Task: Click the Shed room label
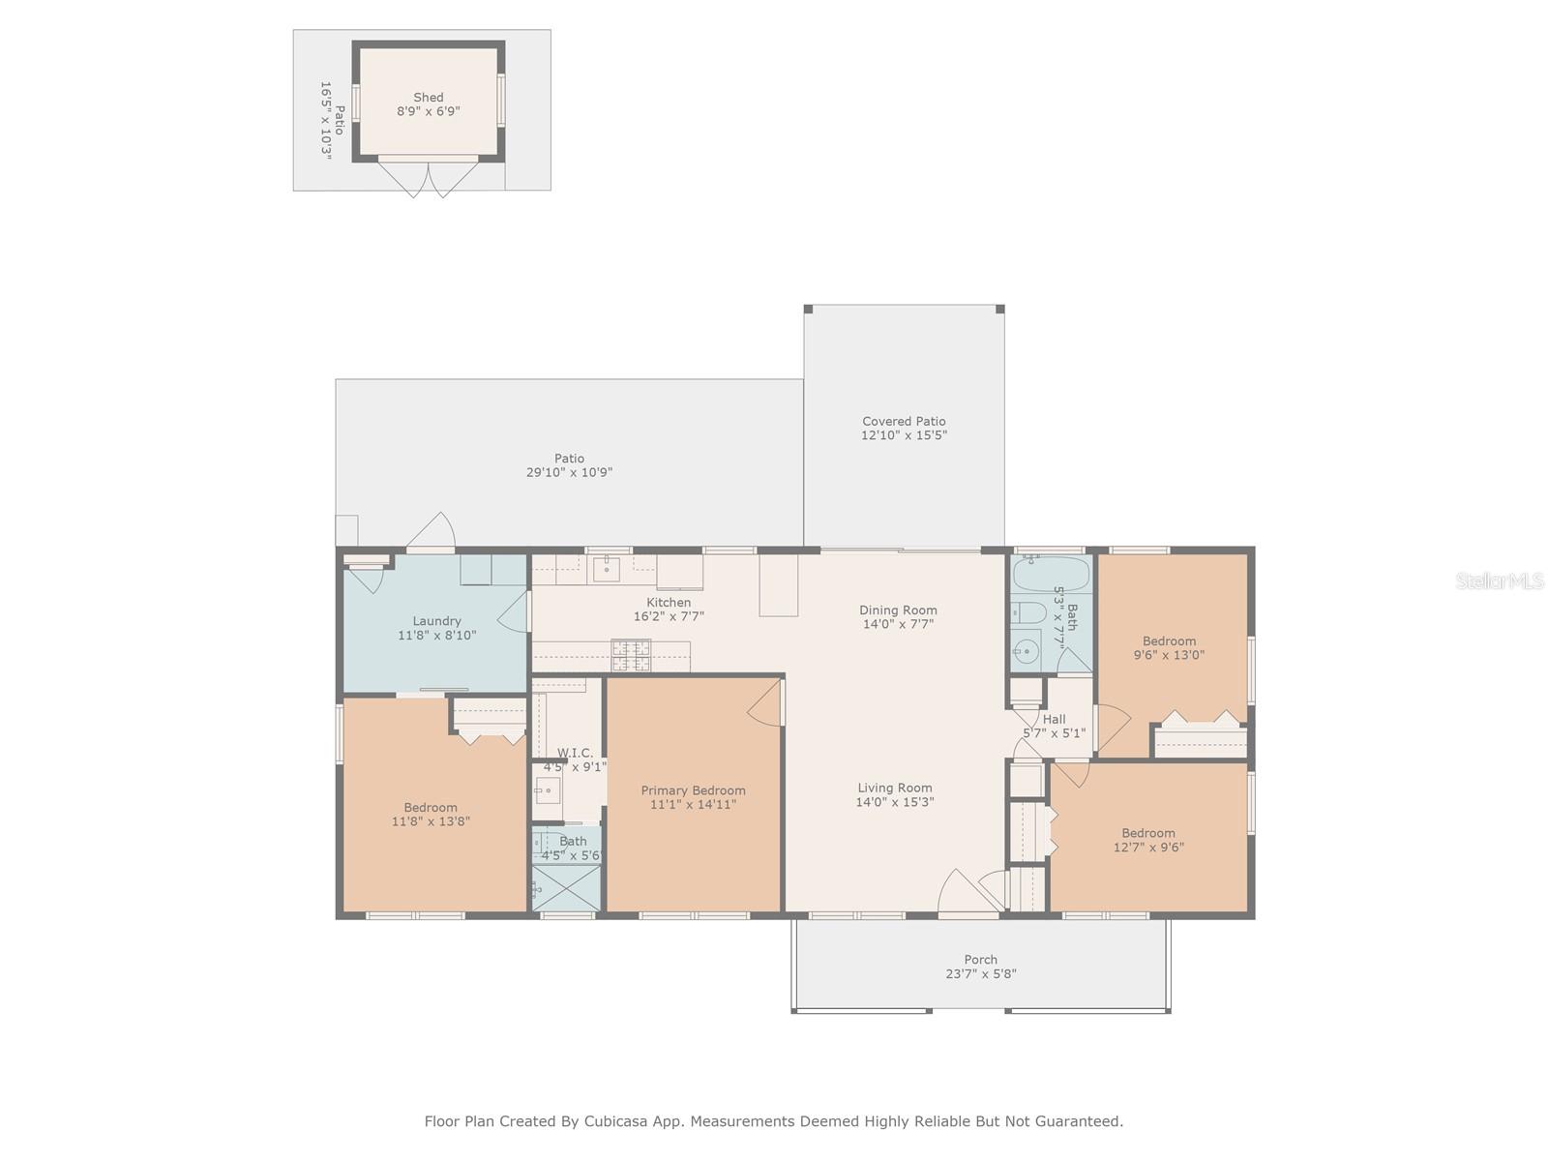428,98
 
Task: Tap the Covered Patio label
904,421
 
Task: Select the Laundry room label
436,621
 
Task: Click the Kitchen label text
669,603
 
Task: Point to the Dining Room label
898,610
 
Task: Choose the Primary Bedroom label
694,790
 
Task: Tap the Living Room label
895,789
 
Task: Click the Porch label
980,960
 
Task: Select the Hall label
1054,719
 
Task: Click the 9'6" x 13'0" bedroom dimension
1169,655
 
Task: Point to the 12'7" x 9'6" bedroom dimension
1148,848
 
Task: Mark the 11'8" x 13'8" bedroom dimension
431,821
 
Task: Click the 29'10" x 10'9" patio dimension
569,472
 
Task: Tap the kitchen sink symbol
606,569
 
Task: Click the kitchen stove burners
631,656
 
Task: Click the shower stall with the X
566,888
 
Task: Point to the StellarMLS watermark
1500,580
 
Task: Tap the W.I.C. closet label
575,753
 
